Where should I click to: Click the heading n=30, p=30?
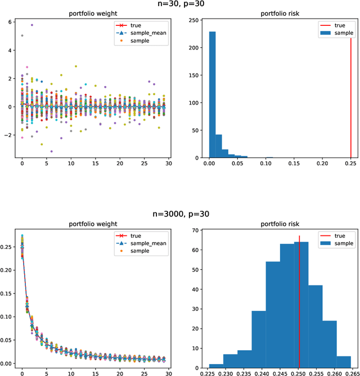tap(179, 5)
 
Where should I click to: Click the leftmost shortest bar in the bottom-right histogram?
tap(216, 364)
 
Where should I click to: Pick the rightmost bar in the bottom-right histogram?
tap(343, 360)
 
